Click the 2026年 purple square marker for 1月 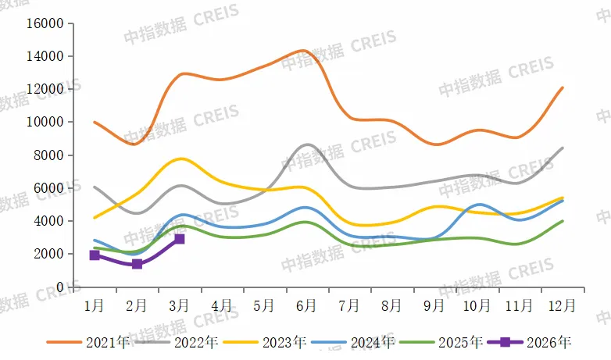95,255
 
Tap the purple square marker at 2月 137,264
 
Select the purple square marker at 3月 180,239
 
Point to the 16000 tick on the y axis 45,23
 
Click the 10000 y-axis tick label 45,123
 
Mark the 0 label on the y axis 58,287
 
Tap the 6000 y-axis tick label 48,188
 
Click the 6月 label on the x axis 306,304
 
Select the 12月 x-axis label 562,304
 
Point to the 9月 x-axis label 434,304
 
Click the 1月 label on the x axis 95,304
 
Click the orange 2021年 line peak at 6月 304,50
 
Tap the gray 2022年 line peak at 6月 306,144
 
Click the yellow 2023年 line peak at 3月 181,159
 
